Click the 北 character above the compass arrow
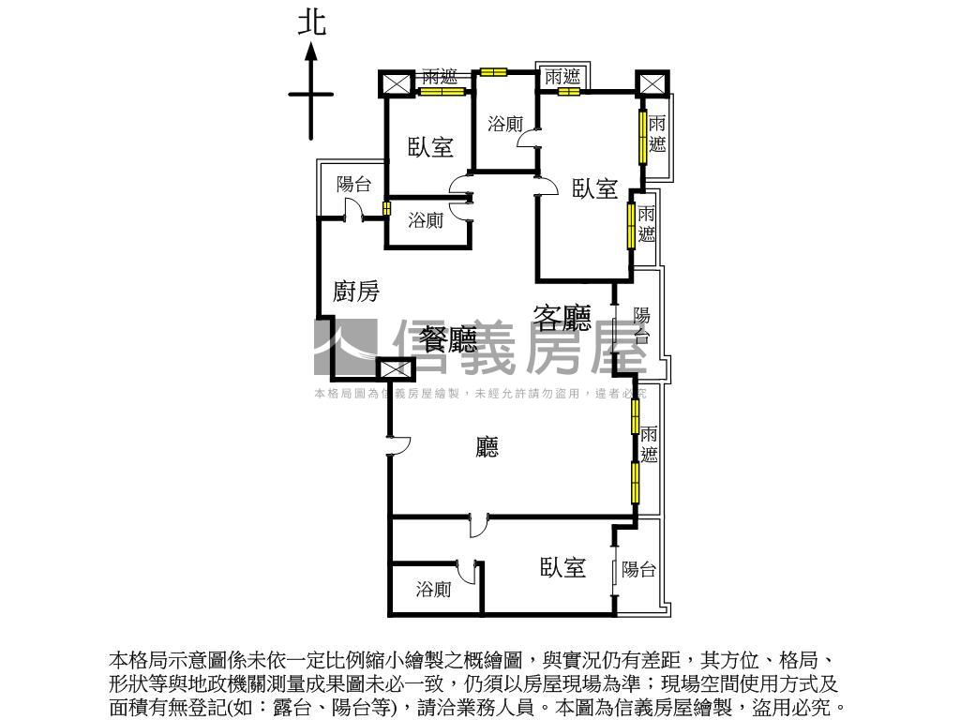[312, 22]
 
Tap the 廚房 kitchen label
[356, 292]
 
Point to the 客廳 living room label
[562, 319]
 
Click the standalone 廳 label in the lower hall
[487, 447]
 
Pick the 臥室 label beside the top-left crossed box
[430, 147]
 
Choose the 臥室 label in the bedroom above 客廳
[595, 189]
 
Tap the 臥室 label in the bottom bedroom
[562, 567]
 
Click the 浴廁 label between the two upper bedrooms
[506, 123]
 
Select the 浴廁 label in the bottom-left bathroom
[433, 590]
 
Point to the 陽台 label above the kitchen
[353, 185]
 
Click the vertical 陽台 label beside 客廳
[642, 324]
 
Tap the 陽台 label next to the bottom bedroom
[638, 569]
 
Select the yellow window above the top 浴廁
[492, 71]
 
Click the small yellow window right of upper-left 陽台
[386, 208]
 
